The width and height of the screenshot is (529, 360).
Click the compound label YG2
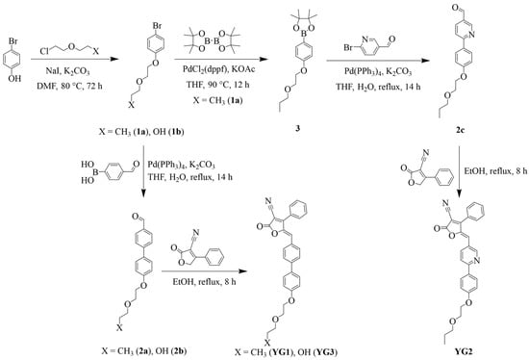coord(463,351)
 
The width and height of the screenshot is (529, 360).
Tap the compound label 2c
coord(460,130)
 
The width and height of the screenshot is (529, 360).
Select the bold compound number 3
coord(297,128)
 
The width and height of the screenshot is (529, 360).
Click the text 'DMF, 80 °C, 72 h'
coord(69,86)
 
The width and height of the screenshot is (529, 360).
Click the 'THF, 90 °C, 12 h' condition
coord(218,85)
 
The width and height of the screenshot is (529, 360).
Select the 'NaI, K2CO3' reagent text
coord(67,71)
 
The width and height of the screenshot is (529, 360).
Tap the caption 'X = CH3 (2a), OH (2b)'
coord(143,351)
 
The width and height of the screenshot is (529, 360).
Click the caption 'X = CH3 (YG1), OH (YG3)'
coord(286,352)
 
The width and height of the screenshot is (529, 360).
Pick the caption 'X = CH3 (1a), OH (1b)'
coord(141,131)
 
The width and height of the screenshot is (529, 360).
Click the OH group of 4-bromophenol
coord(14,78)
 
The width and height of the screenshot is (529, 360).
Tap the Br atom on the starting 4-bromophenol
coord(13,41)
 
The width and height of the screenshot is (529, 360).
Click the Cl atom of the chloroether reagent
coord(44,51)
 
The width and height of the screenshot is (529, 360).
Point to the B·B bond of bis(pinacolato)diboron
coord(213,42)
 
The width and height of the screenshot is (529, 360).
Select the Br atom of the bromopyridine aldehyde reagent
coord(348,47)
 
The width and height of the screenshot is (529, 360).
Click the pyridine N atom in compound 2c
coord(471,34)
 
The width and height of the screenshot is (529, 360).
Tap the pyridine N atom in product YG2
coord(476,260)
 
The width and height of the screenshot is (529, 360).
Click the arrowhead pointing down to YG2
coord(460,194)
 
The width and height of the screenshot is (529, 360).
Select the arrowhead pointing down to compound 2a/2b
coord(143,193)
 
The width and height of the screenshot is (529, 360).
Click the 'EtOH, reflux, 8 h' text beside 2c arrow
coord(495,171)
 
